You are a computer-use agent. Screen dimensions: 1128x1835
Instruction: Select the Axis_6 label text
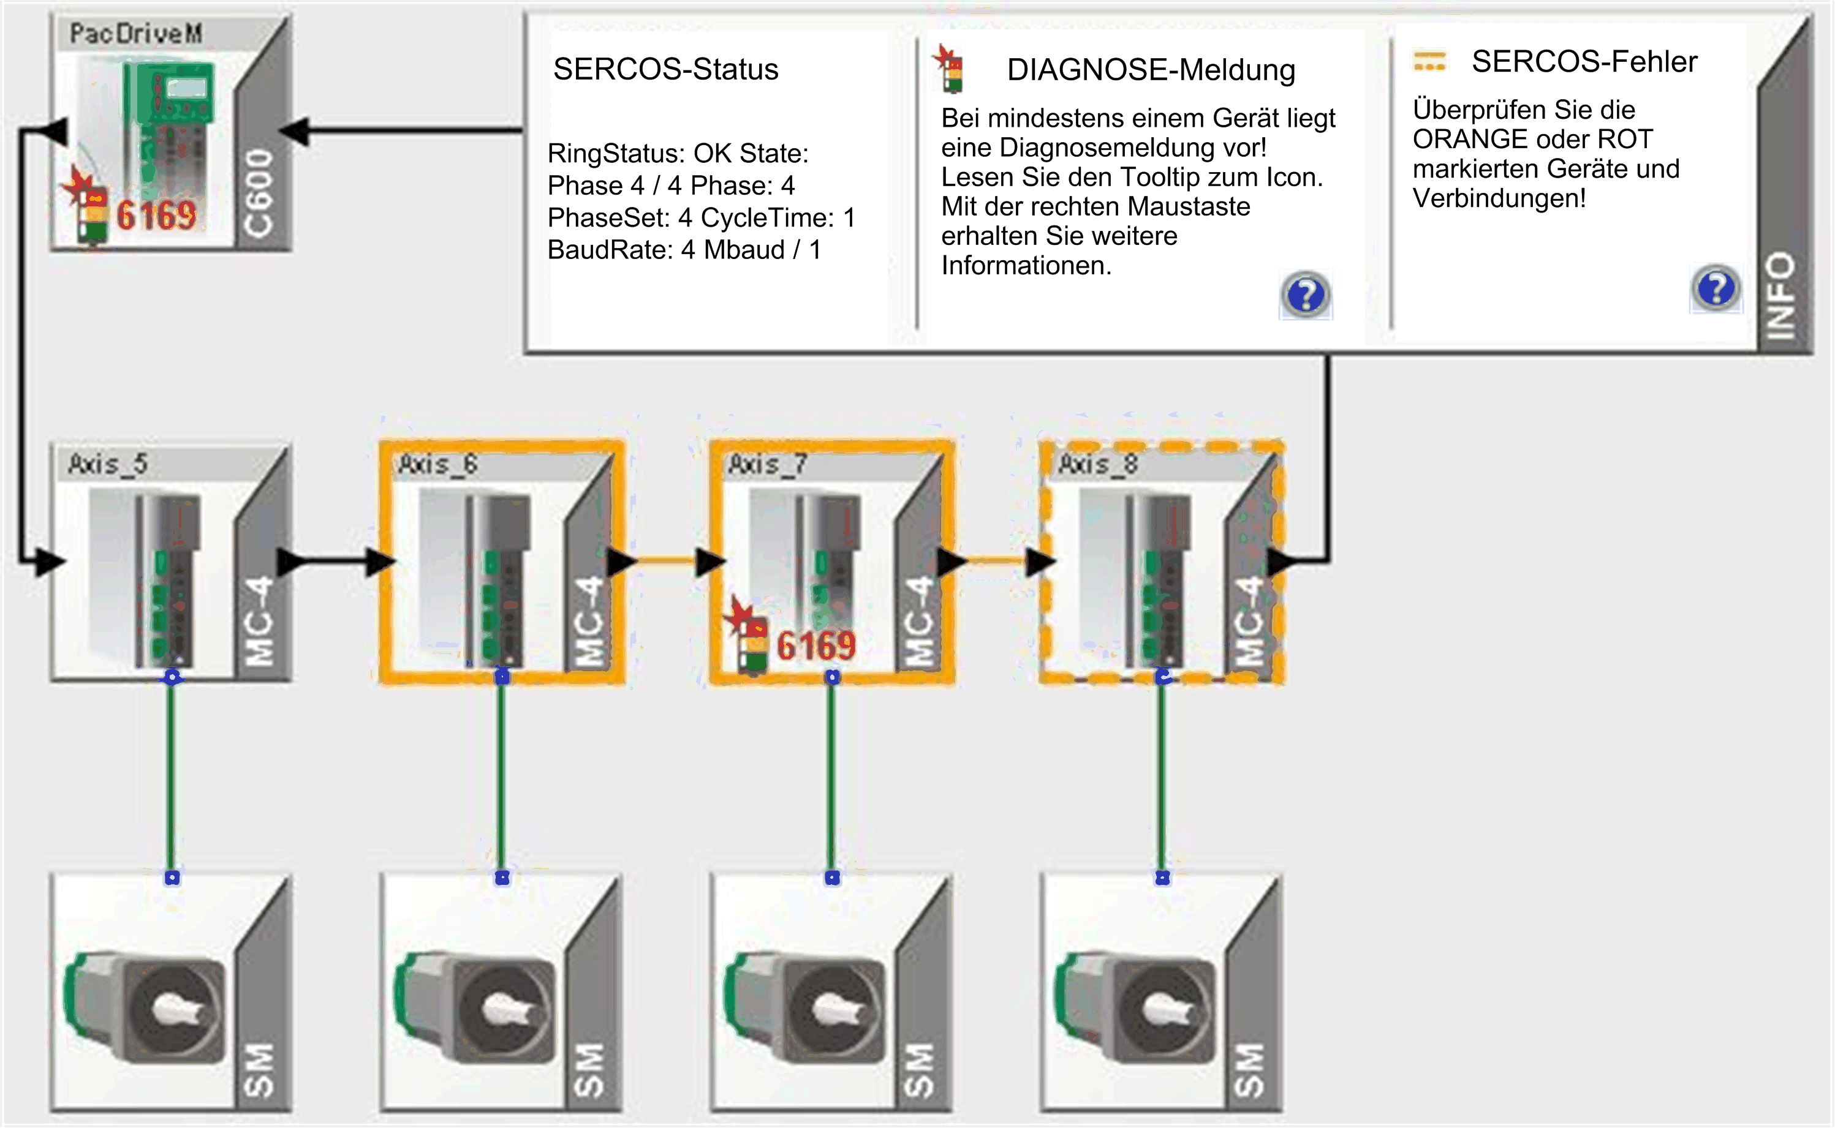click(437, 464)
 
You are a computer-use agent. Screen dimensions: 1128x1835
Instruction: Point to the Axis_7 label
click(767, 464)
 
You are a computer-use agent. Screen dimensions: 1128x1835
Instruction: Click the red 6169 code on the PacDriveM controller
click(157, 216)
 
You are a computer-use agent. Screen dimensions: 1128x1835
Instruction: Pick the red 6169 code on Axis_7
click(815, 645)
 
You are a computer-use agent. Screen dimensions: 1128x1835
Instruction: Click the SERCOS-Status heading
click(665, 69)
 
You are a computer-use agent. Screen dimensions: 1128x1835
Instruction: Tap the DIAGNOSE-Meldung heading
click(1151, 70)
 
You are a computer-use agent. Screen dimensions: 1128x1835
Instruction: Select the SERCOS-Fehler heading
click(1584, 62)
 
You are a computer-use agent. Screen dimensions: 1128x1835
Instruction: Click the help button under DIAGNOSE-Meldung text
click(1305, 295)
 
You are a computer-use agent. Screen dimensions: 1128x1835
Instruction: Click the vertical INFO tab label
click(1780, 295)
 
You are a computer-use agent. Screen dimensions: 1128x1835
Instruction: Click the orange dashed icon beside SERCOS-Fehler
click(1429, 61)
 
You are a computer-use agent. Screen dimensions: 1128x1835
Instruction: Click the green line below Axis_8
click(1162, 776)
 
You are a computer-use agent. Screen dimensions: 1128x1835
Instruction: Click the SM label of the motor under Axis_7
click(920, 1071)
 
